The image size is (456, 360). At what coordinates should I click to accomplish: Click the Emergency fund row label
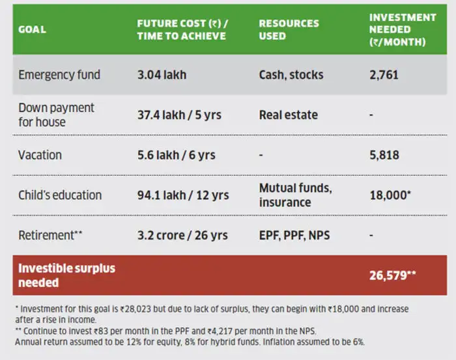pyautogui.click(x=59, y=75)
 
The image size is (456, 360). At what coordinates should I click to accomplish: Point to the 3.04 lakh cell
pyautogui.click(x=162, y=75)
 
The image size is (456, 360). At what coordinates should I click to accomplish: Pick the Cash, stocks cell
pyautogui.click(x=291, y=75)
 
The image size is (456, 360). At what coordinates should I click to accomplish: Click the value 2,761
pyautogui.click(x=384, y=75)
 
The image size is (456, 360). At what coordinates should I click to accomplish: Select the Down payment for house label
pyautogui.click(x=56, y=115)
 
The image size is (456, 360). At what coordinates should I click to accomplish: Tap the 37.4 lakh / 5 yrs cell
pyautogui.click(x=179, y=115)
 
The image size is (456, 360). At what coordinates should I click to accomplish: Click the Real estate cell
pyautogui.click(x=289, y=115)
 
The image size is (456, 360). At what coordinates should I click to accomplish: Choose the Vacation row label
pyautogui.click(x=40, y=155)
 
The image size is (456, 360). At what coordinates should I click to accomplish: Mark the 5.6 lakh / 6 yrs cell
pyautogui.click(x=176, y=155)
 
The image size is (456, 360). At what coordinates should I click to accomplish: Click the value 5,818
pyautogui.click(x=384, y=155)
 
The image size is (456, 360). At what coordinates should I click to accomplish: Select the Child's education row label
pyautogui.click(x=60, y=195)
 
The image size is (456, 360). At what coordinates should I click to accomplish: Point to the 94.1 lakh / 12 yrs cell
pyautogui.click(x=183, y=195)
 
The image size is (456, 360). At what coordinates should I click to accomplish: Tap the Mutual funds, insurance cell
pyautogui.click(x=295, y=195)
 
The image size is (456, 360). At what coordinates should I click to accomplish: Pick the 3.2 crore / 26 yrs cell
pyautogui.click(x=182, y=235)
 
